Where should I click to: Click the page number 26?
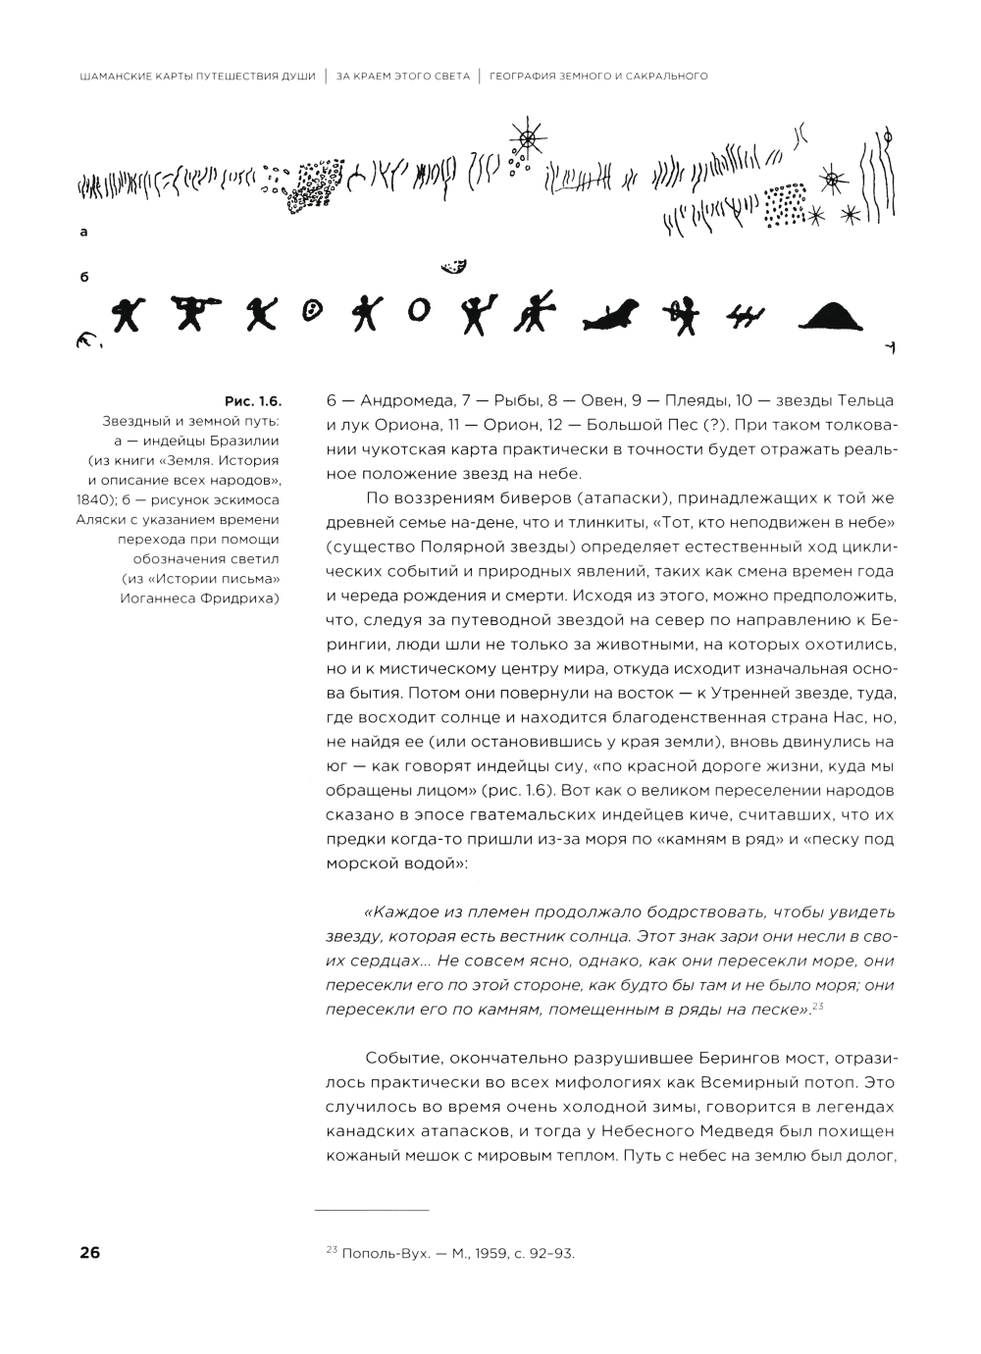coord(89,1253)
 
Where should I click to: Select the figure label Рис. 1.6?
coord(253,401)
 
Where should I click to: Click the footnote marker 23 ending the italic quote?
coord(817,1006)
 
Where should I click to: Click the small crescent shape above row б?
coord(454,266)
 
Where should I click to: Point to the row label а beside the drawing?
coord(84,233)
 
